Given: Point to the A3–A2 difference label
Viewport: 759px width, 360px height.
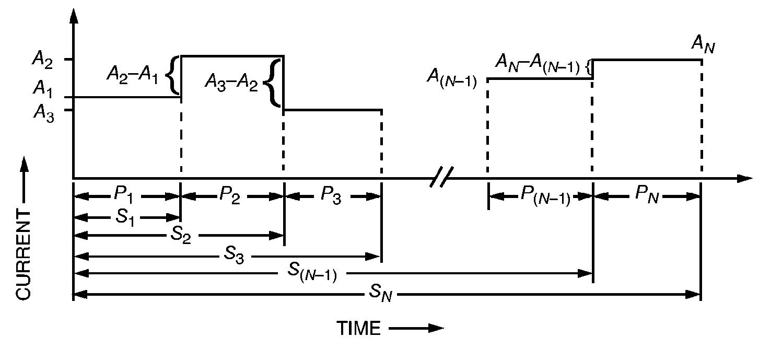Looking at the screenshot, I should [231, 82].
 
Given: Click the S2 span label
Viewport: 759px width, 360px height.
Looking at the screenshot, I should [181, 236].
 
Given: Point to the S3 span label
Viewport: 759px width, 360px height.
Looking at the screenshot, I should [233, 257].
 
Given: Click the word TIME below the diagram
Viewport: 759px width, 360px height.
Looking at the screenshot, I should [358, 329].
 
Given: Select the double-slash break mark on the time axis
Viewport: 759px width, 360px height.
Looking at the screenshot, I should [441, 177].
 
